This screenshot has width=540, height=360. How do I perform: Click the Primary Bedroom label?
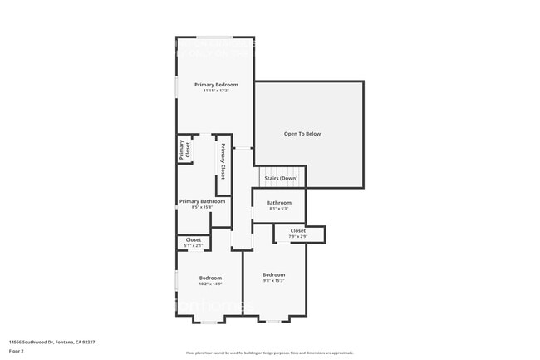(x=216, y=85)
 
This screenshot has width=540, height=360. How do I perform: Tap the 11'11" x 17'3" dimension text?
(x=216, y=91)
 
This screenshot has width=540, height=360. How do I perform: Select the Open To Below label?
(x=302, y=134)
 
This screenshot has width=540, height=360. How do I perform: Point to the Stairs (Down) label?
(x=281, y=178)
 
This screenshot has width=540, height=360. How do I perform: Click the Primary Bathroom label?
(x=202, y=201)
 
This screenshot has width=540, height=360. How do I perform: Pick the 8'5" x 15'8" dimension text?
(x=202, y=207)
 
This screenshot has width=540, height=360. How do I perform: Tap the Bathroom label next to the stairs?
(x=279, y=203)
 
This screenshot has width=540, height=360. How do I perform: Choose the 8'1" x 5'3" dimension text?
(x=279, y=209)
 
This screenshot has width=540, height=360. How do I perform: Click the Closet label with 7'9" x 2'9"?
(x=297, y=231)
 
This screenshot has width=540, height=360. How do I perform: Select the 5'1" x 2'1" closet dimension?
(x=193, y=245)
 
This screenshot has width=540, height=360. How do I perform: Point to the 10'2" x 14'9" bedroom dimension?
(x=210, y=284)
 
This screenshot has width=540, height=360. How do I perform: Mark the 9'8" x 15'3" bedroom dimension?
(x=274, y=281)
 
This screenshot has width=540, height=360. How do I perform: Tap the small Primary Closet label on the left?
(x=184, y=150)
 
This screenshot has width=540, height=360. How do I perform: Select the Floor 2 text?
(x=17, y=351)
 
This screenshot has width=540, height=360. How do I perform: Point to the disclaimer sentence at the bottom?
(x=269, y=353)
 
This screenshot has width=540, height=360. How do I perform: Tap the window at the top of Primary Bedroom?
(x=214, y=37)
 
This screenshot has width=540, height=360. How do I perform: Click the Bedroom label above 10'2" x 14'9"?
(x=210, y=278)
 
